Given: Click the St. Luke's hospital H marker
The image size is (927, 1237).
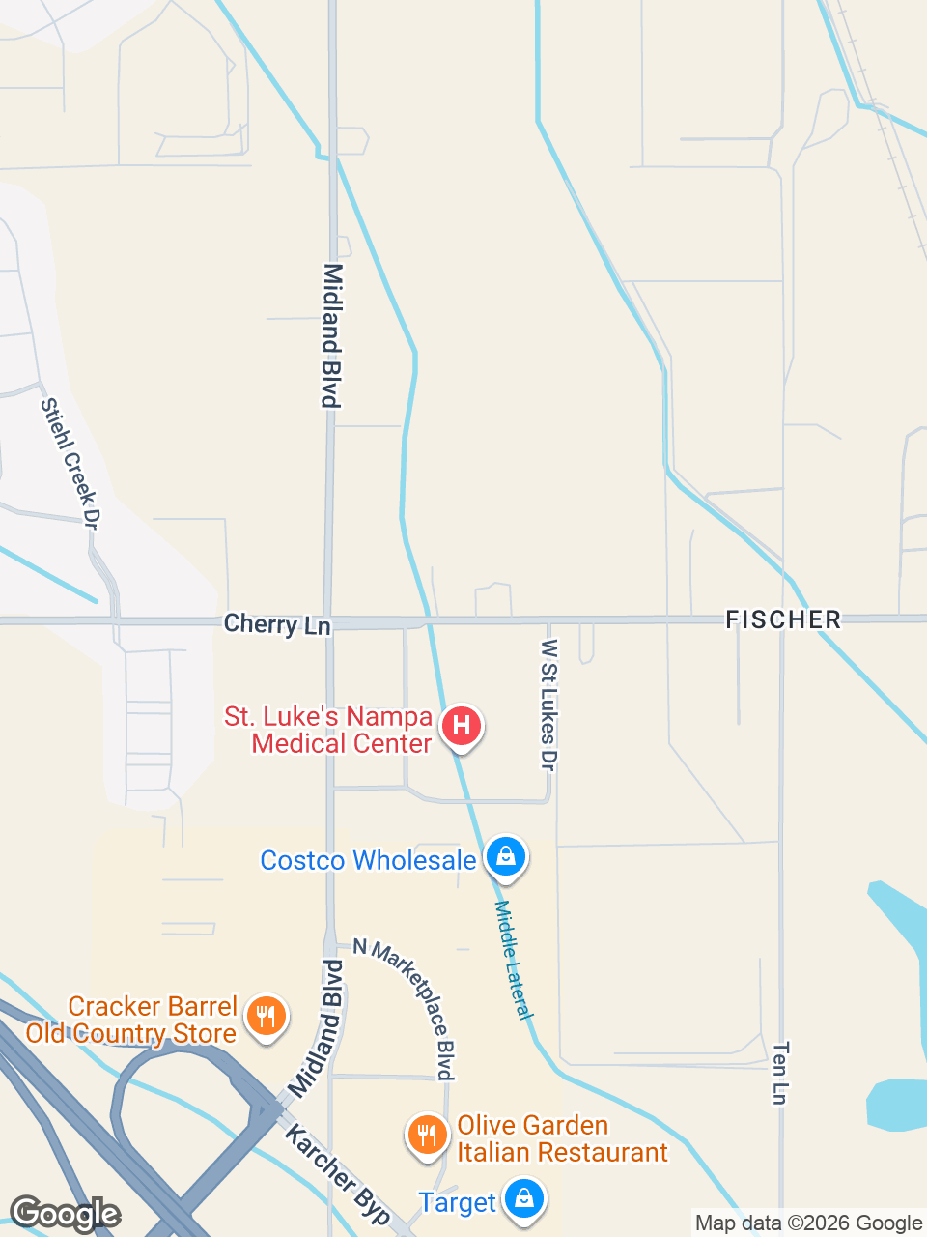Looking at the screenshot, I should coord(462,726).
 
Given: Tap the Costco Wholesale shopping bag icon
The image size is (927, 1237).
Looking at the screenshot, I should coord(505,856).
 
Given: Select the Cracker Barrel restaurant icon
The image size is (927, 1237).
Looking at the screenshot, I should coord(267,1017).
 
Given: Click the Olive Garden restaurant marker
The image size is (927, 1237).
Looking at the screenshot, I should coord(426,1135).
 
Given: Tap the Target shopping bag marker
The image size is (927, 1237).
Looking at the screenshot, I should coord(524,1199).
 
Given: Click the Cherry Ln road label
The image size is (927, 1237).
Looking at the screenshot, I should coord(277,624).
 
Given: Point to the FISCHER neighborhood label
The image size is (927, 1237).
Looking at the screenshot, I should coord(783,619).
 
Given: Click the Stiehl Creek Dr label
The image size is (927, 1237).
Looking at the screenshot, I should coord(70,463).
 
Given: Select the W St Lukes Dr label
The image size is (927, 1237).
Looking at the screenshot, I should coord(548,705).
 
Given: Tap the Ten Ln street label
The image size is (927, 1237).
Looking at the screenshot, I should coord(780,1072).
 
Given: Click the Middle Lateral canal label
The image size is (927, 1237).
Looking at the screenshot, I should coord(513,960).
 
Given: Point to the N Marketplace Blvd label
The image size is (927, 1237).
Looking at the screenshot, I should coord(405,1007).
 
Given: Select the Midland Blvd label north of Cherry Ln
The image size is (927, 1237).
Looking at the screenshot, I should coord(332,335).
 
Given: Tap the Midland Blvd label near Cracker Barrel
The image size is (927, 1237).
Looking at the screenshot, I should coord(317,1029).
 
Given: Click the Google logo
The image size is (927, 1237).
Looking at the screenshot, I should coord(65,1214).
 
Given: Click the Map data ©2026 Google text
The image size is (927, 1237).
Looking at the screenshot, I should coord(809,1223).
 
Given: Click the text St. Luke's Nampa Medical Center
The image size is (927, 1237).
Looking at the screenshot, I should coord(328,730).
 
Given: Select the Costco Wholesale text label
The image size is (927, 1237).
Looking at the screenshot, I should coord(368,860).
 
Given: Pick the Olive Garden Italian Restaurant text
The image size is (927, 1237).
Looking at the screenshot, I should coord(562,1138).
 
